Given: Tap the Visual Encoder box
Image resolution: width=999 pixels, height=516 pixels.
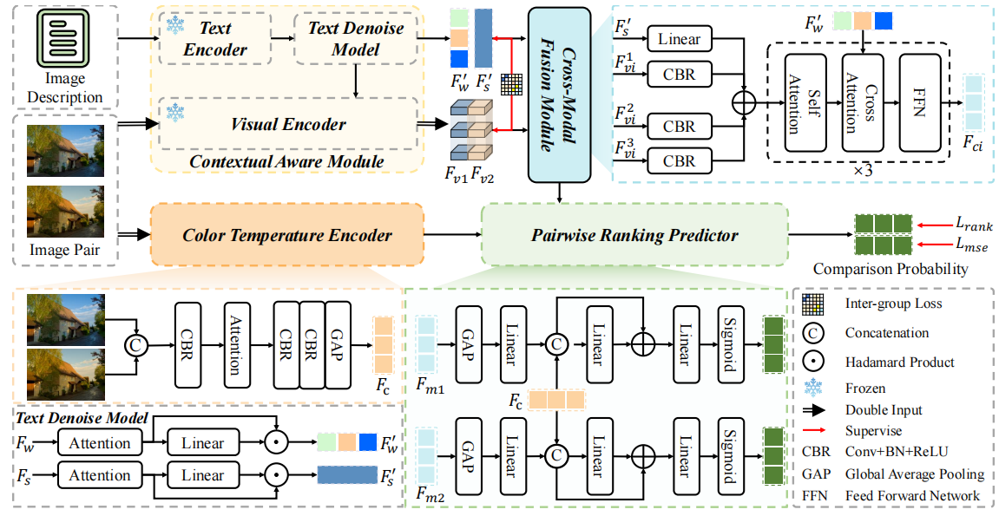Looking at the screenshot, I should tap(288, 123).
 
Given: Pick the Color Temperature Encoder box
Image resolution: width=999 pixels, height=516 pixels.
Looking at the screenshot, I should tap(287, 235).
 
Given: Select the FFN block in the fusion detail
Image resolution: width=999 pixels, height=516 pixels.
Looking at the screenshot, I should tap(921, 104).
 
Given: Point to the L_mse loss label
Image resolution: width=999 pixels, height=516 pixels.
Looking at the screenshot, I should tap(974, 247).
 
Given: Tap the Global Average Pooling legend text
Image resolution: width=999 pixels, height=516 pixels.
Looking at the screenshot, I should tap(915, 474).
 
